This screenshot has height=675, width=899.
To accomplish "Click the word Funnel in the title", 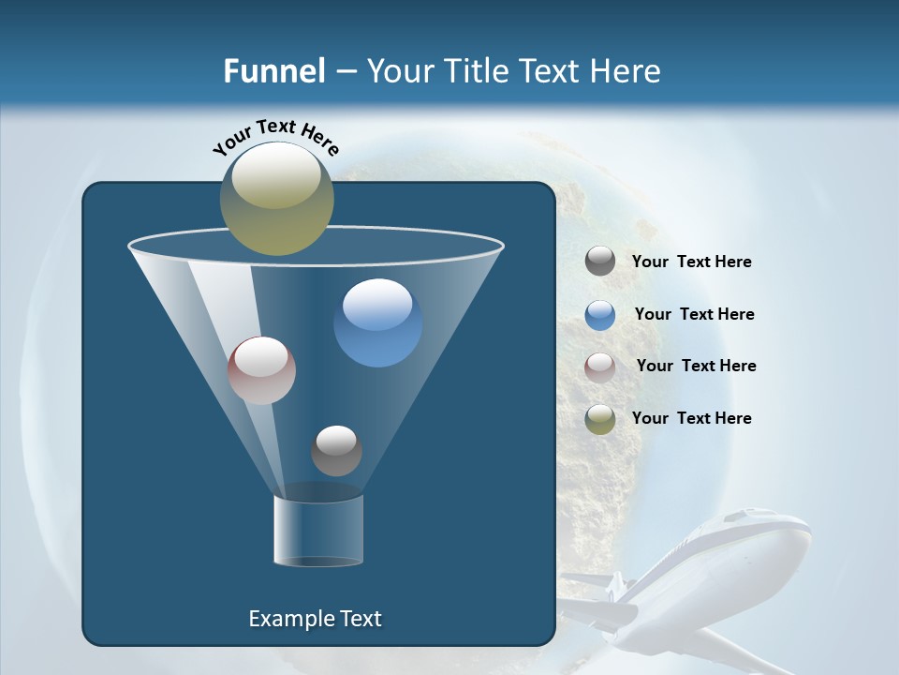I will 273,71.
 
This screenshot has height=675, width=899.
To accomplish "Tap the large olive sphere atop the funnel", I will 276,198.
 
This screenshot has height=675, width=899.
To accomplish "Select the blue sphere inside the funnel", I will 377,322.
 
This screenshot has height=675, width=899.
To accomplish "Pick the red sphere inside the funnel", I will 261,370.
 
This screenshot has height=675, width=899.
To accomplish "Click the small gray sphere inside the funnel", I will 336,450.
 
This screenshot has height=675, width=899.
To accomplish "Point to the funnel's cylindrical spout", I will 317,530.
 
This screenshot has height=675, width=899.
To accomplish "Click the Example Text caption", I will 315,619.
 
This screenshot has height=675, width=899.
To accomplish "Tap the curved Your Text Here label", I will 275,137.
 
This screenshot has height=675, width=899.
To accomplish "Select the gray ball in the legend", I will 600,262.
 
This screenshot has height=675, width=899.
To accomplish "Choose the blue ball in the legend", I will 600,314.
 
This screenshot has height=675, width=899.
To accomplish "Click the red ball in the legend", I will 600,367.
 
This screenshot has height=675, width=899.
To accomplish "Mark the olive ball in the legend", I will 600,419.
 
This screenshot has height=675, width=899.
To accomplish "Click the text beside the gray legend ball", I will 691,262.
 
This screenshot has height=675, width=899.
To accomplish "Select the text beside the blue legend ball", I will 694,315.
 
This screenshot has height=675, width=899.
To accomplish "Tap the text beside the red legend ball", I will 696,367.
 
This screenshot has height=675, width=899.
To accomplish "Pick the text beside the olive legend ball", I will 691,418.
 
